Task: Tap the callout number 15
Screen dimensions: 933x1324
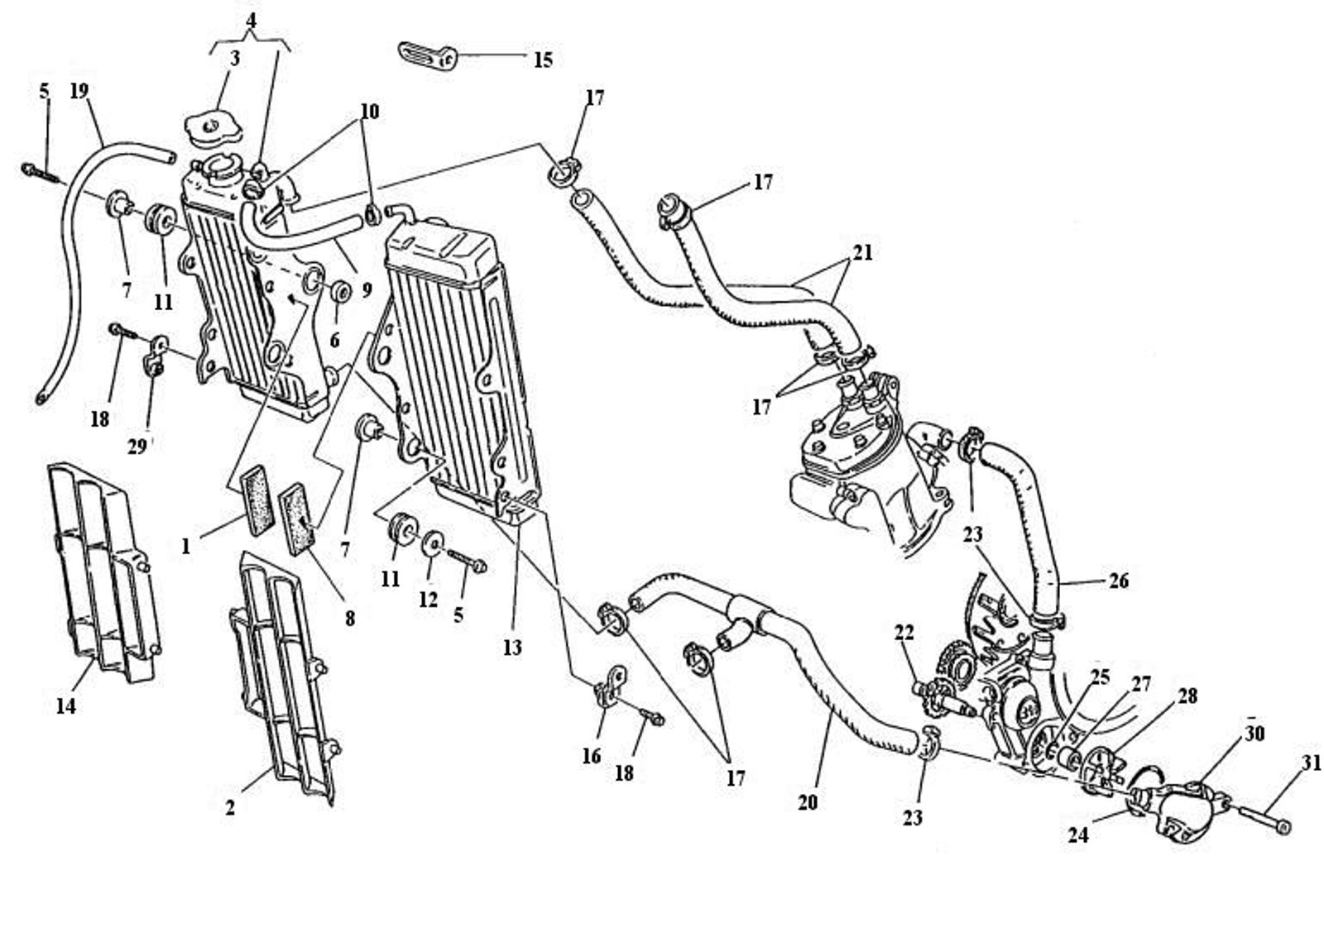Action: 542,60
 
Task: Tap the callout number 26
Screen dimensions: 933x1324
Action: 1118,581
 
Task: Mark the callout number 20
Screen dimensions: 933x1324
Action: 808,801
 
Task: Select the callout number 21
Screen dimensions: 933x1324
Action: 862,252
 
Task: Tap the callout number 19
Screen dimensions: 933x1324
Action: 79,90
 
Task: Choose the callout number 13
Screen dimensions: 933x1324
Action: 512,647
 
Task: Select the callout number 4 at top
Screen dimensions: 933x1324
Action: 252,17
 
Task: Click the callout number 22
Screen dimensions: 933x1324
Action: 904,633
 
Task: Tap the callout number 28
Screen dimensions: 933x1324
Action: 1187,696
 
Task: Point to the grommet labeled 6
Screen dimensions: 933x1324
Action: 339,294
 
